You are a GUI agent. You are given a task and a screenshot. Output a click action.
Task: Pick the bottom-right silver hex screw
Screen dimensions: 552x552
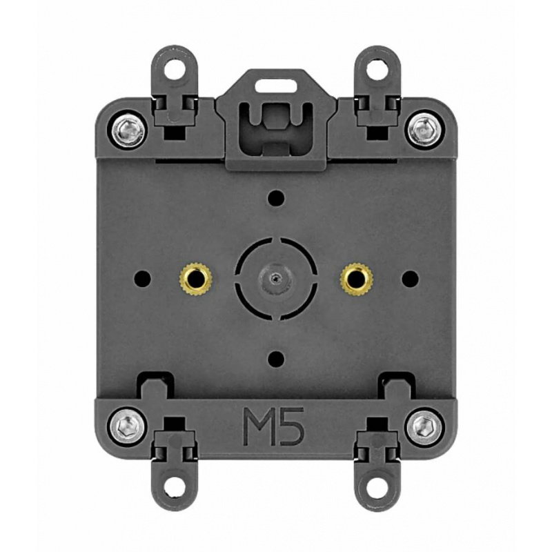424,427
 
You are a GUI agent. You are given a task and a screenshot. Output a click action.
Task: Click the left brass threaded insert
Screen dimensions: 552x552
195,279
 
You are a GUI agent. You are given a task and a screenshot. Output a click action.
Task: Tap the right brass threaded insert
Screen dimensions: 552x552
357,279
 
